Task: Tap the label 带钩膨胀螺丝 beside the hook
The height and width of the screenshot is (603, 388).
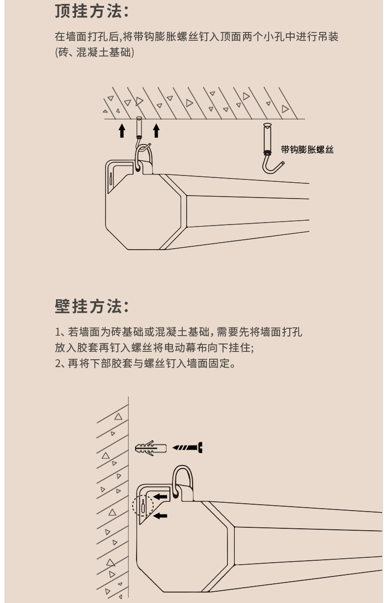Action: [307, 150]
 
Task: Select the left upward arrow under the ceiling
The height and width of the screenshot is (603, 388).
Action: [122, 130]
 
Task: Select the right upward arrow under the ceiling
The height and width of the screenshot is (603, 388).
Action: [156, 130]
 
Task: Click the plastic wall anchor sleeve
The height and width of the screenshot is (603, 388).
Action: [150, 448]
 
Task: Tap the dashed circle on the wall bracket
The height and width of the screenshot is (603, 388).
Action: [143, 505]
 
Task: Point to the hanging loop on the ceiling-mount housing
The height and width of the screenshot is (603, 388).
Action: [144, 157]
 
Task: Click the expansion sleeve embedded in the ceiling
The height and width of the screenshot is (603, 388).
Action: [139, 127]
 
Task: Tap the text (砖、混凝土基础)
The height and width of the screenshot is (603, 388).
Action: [94, 52]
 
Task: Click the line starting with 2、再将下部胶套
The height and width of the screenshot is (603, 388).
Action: [145, 364]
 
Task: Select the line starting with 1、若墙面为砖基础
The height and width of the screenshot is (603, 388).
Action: [178, 332]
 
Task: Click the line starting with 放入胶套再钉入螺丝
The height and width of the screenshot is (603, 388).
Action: [154, 348]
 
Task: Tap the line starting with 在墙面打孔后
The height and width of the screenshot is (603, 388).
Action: [196, 37]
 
